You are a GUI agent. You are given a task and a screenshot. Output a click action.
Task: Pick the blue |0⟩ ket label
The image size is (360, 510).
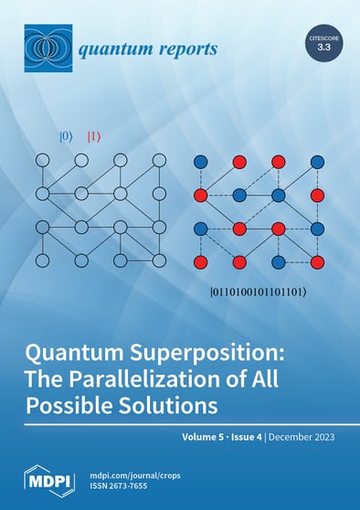[x=66, y=137]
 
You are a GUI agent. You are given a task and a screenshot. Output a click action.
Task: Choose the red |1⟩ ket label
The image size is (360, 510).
[x=93, y=137]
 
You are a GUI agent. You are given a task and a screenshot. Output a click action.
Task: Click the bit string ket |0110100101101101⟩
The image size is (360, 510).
[x=259, y=293]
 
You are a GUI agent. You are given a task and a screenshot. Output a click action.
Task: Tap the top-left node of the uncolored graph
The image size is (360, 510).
[x=41, y=161]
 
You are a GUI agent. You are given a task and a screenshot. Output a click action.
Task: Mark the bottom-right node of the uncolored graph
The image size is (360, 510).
[x=159, y=261]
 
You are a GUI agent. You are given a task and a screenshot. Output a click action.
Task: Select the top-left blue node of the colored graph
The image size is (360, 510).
[x=200, y=162]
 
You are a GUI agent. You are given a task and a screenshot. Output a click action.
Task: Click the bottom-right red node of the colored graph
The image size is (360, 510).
[x=317, y=261]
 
